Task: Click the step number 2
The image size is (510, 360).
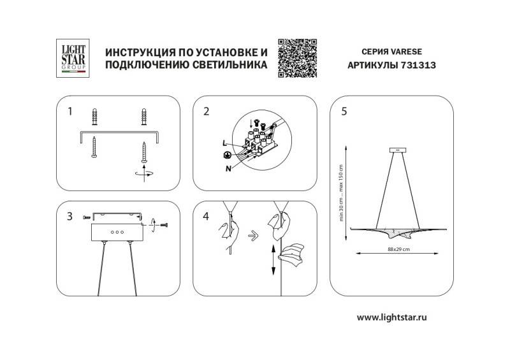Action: [206, 112]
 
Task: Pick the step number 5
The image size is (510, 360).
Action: [344, 112]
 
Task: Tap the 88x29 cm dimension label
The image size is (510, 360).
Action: [398, 248]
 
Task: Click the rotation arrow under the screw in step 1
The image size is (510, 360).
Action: [145, 173]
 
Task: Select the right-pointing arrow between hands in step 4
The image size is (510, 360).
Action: [253, 234]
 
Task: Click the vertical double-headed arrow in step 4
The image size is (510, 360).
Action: [272, 258]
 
